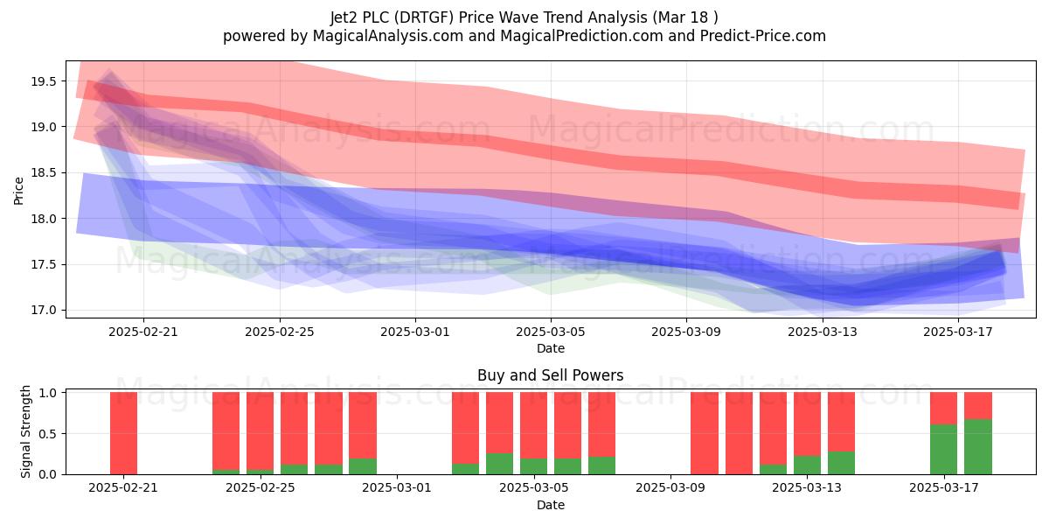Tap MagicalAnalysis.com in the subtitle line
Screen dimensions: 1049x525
coord(388,36)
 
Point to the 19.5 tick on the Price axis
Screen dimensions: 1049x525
coord(44,81)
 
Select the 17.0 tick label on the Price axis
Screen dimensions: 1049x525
coord(44,311)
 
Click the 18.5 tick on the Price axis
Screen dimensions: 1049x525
coord(44,173)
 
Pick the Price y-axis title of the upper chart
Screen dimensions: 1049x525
coord(18,191)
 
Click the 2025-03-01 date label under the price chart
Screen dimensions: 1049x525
coord(415,332)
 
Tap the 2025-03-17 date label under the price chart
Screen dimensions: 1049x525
coord(958,332)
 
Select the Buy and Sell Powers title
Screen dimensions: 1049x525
coord(550,375)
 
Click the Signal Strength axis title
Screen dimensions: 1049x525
coord(25,431)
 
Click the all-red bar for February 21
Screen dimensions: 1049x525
coord(123,433)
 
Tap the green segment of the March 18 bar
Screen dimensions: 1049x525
coord(978,447)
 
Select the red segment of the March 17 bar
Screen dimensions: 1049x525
coord(943,409)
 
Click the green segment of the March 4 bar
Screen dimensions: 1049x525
coord(499,464)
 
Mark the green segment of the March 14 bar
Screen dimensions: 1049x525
coord(841,463)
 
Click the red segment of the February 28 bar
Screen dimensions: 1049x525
coord(363,425)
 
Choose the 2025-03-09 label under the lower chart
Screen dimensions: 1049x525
coord(670,488)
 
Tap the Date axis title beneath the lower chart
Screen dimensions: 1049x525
coord(550,506)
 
